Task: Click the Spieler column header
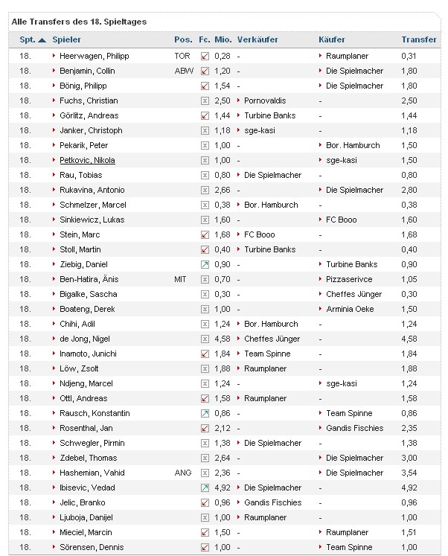coord(66,39)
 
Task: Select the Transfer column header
coord(418,39)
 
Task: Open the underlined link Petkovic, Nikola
coord(87,160)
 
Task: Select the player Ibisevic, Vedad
coord(87,488)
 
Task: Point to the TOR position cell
coord(182,56)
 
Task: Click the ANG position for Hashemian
coord(183,473)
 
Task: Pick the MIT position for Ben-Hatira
coord(182,279)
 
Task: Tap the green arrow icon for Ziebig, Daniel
coord(205,264)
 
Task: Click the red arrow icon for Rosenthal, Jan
coord(205,428)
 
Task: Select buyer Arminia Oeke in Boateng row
coord(349,309)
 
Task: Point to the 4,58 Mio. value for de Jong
coord(222,339)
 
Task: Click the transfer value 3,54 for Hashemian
coord(409,473)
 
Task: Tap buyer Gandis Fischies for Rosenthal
coord(354,428)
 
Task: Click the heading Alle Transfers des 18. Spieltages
coord(79,22)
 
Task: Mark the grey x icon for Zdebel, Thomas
coord(205,458)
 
